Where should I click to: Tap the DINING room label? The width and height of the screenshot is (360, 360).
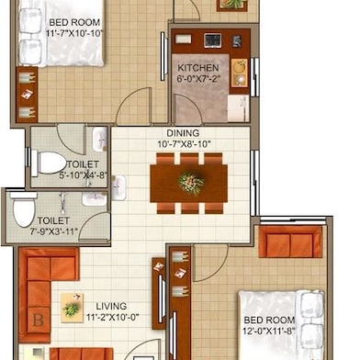pyautogui.click(x=183, y=133)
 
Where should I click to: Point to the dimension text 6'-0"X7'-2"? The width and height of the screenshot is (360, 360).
pyautogui.click(x=198, y=79)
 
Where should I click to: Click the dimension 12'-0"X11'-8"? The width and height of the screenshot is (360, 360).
pyautogui.click(x=269, y=332)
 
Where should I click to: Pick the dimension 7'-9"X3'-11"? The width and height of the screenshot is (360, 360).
pyautogui.click(x=53, y=231)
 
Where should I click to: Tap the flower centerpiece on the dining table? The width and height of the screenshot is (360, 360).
pyautogui.click(x=191, y=183)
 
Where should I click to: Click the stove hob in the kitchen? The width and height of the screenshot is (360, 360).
pyautogui.click(x=212, y=40)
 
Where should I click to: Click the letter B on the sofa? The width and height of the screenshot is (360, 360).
pyautogui.click(x=38, y=321)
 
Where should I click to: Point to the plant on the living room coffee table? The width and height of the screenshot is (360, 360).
pyautogui.click(x=71, y=309)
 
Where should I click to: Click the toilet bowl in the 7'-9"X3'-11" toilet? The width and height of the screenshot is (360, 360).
pyautogui.click(x=24, y=209)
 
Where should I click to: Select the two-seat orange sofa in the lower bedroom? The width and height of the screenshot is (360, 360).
pyautogui.click(x=290, y=242)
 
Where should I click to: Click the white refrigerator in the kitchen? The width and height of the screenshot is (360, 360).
pyautogui.click(x=238, y=108)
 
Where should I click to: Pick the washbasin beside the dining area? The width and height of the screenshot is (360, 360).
pyautogui.click(x=118, y=188)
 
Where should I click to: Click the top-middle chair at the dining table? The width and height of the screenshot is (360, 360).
pyautogui.click(x=189, y=159)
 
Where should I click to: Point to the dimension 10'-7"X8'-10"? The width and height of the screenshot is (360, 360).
pyautogui.click(x=185, y=144)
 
